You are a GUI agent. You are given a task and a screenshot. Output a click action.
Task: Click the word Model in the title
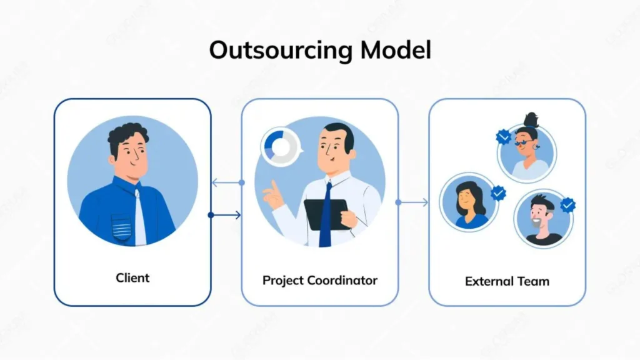point(396,50)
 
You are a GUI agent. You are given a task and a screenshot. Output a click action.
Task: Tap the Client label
point(132,277)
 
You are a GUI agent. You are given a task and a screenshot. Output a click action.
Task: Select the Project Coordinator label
point(320,279)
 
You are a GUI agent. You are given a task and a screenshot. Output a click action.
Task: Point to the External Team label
point(507,281)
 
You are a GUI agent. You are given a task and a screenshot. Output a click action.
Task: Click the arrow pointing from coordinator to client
point(226,183)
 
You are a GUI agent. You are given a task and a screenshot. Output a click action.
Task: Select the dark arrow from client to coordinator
point(226,215)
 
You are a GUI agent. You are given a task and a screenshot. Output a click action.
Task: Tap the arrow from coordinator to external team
point(413,202)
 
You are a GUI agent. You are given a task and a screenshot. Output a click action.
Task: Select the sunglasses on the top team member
point(524,142)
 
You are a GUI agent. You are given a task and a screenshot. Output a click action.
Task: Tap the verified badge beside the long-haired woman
point(498,193)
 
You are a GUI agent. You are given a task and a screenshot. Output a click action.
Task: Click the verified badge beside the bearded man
point(567,204)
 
